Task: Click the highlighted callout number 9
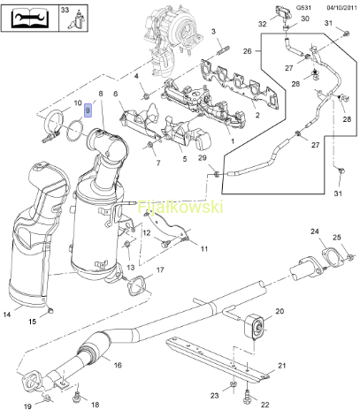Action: [x=88, y=110]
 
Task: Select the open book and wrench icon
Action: [x=29, y=18]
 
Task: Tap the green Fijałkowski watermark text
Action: [x=180, y=207]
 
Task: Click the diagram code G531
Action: [x=303, y=8]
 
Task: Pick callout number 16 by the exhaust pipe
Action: [x=118, y=365]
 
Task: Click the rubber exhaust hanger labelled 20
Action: [x=256, y=326]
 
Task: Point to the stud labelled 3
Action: [x=224, y=50]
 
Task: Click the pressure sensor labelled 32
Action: [x=282, y=13]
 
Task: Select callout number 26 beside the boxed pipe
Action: [x=247, y=51]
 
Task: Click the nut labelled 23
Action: [x=233, y=384]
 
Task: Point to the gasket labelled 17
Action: [x=136, y=284]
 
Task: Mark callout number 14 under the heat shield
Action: [x=7, y=315]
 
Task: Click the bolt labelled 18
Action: [x=77, y=398]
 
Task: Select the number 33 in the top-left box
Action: [x=65, y=10]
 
